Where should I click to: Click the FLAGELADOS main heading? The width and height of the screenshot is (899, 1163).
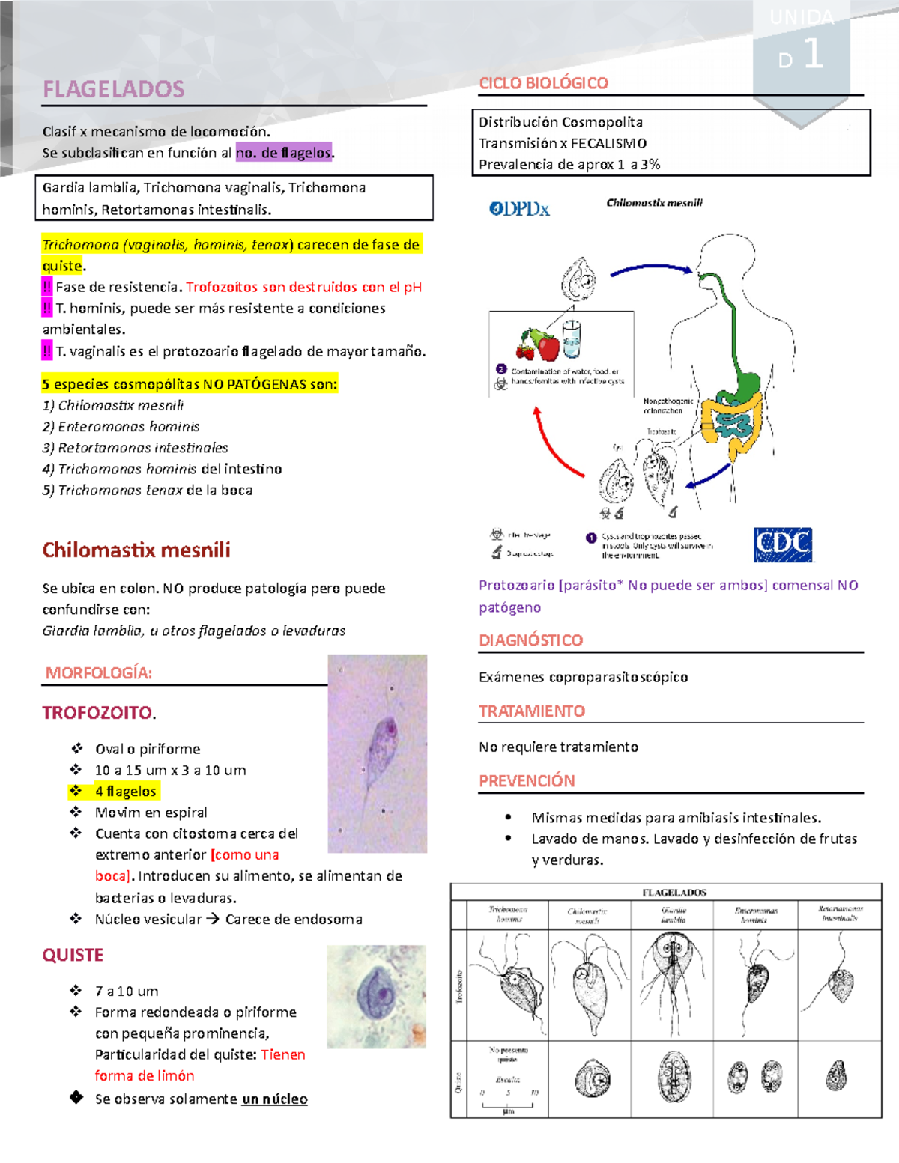pyautogui.click(x=113, y=89)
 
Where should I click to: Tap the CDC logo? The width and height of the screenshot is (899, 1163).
pyautogui.click(x=783, y=544)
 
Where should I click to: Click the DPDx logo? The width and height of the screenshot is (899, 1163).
pyautogui.click(x=519, y=209)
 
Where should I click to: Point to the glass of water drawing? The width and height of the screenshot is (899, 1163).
pyautogui.click(x=571, y=339)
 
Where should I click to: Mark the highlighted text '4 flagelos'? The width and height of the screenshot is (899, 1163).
pyautogui.click(x=125, y=791)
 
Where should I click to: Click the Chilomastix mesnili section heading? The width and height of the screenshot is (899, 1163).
pyautogui.click(x=136, y=550)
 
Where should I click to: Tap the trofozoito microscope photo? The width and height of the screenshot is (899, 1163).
pyautogui.click(x=378, y=753)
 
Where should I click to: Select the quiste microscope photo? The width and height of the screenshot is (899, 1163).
pyautogui.click(x=376, y=996)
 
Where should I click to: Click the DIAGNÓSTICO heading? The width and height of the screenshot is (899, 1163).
pyautogui.click(x=530, y=640)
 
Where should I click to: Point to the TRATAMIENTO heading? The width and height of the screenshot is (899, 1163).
pyautogui.click(x=532, y=711)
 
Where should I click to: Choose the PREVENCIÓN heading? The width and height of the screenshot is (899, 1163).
pyautogui.click(x=527, y=780)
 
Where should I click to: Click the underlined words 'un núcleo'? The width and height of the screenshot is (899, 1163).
pyautogui.click(x=274, y=1099)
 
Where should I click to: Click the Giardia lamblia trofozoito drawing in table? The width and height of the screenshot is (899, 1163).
pyautogui.click(x=672, y=983)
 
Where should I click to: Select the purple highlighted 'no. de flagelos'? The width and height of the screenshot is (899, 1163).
pyautogui.click(x=284, y=153)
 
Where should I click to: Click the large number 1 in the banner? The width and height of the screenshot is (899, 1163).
pyautogui.click(x=813, y=55)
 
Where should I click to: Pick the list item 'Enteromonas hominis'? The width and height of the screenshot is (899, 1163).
pyautogui.click(x=128, y=426)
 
